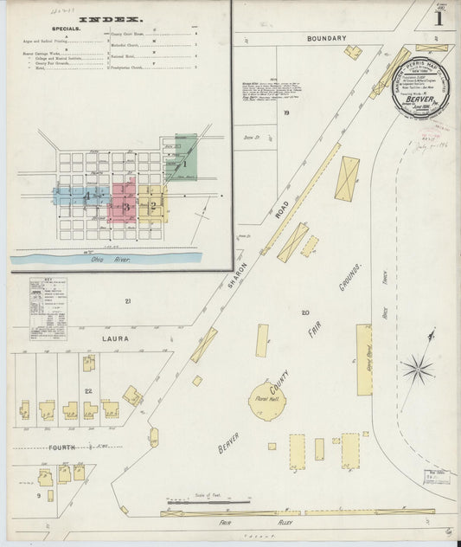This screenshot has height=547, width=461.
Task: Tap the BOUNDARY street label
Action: tap(326, 38)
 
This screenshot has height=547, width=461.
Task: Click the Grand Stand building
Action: tap(364, 360)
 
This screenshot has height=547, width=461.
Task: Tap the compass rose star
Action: tap(417, 370)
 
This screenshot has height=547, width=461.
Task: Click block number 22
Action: tap(89, 391)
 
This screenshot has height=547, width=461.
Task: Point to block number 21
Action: tap(127, 300)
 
